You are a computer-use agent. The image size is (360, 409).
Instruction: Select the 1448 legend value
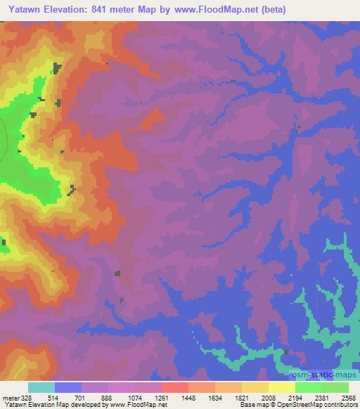pyautogui.click(x=188, y=398)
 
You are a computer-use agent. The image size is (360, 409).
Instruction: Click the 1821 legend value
pyautogui.click(x=241, y=398)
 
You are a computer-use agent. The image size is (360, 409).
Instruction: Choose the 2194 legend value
pyautogui.click(x=294, y=398)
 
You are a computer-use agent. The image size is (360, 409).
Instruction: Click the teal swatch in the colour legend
pyautogui.click(x=41, y=387)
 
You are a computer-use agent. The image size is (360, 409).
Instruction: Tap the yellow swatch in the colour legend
pyautogui.click(x=281, y=387)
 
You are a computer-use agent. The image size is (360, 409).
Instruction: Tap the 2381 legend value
pyautogui.click(x=321, y=398)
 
